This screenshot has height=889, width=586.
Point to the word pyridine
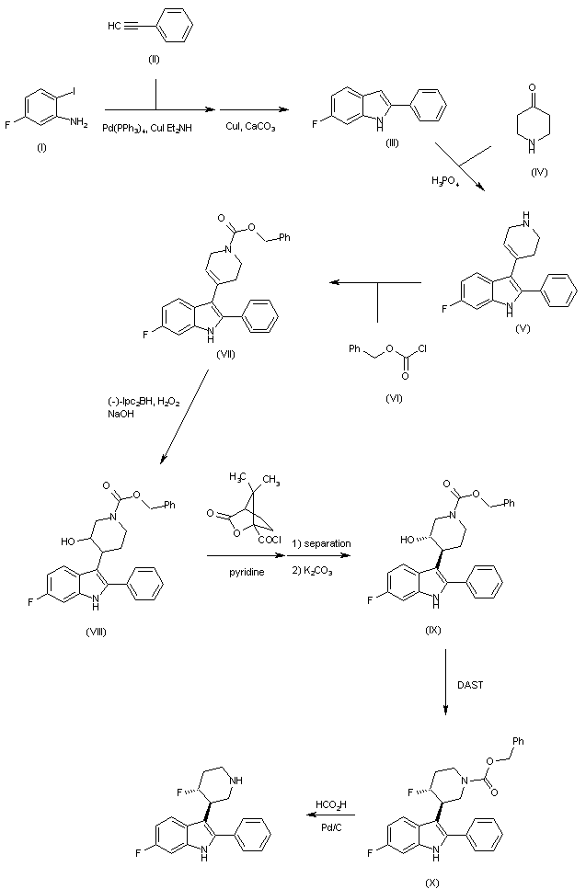pos(243,572)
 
